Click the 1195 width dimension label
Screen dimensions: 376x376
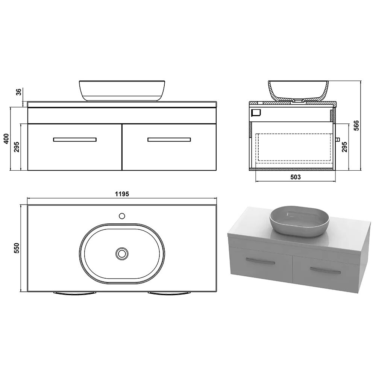point(122,194)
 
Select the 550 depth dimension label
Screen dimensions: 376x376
point(17,248)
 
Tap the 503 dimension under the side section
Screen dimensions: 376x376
point(296,177)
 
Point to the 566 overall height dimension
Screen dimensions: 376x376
point(356,126)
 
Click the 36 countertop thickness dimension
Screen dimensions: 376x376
point(19,92)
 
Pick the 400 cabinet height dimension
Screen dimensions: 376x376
point(6,139)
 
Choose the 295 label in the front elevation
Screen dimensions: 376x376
point(17,147)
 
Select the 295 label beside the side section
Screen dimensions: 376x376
point(344,147)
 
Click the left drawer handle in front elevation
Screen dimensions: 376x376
point(75,139)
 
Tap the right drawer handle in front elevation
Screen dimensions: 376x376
point(169,139)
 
